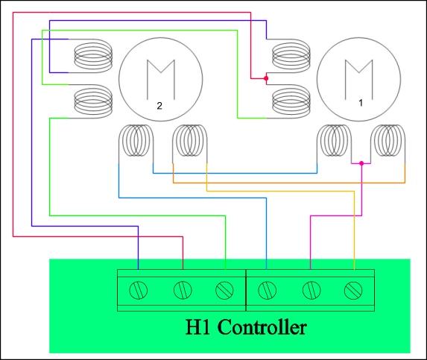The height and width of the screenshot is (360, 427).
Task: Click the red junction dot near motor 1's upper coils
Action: coord(266,78)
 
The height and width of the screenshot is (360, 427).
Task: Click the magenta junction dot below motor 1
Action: coord(361,163)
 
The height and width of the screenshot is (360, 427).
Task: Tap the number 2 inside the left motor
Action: coord(159,106)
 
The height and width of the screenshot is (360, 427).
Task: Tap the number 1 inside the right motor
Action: coord(361,103)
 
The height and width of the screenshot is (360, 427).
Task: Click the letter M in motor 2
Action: coord(161,80)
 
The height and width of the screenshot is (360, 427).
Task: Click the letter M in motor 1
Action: coord(359,80)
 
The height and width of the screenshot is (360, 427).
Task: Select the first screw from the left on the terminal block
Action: coord(139,290)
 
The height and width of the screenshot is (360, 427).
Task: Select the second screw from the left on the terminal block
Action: coord(183,290)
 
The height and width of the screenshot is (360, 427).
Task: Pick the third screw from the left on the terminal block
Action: coord(224,290)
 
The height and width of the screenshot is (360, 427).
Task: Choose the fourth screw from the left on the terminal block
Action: coord(267,290)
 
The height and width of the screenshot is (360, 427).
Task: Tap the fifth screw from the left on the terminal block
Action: coord(311,290)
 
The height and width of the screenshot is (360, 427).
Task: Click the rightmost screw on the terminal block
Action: coord(353,290)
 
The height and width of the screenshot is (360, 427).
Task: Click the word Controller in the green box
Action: coord(262,326)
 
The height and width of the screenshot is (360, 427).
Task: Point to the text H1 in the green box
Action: coord(197,326)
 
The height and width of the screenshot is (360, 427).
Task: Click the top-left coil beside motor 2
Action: coord(93,56)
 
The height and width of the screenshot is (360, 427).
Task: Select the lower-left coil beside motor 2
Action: coord(93,101)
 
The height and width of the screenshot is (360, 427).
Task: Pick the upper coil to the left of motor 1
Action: coord(291,56)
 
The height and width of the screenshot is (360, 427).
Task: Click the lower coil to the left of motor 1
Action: coord(291,101)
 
